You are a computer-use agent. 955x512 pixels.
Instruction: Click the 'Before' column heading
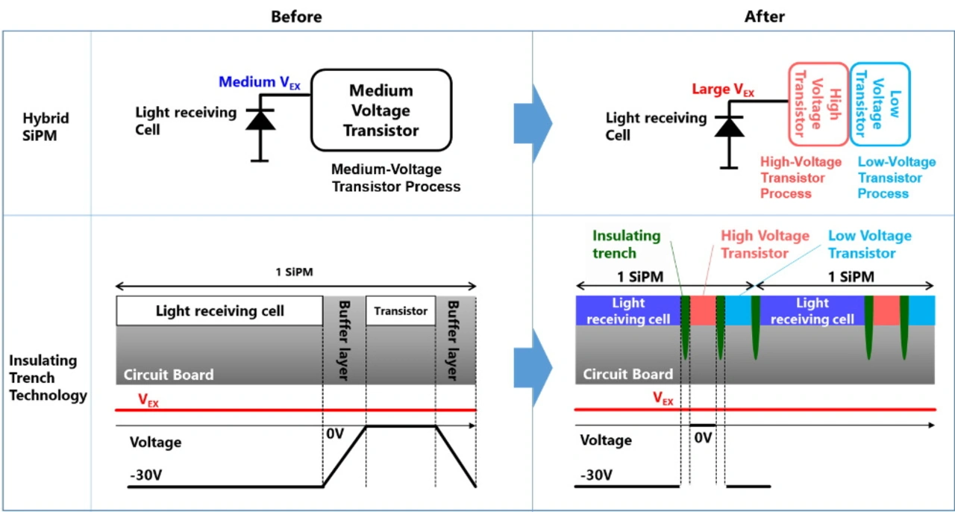point(296,16)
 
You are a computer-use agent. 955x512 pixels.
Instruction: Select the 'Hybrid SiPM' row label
point(46,128)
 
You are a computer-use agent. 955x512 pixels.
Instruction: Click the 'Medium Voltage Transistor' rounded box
point(381,110)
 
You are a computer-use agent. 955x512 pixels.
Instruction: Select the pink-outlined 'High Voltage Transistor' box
point(818,104)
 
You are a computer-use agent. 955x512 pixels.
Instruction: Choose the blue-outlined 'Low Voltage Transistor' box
point(880,104)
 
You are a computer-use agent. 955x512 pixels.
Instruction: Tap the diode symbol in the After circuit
point(729,128)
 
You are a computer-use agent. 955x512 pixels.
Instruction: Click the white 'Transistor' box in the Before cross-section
point(401,310)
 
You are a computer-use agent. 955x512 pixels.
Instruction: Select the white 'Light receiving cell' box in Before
point(219,310)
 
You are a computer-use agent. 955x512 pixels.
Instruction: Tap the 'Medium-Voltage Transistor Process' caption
point(395,178)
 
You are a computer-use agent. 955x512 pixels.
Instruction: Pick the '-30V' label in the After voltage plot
point(597,475)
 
